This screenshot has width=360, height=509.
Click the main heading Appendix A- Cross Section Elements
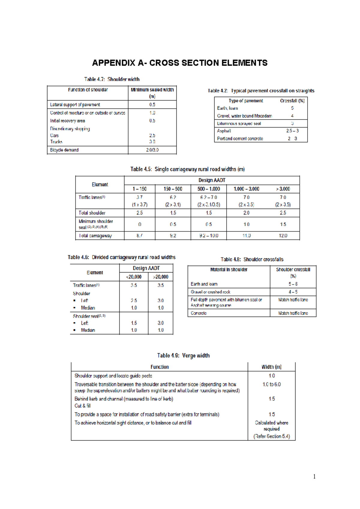coord(180,63)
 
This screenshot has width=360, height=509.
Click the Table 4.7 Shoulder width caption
coord(112,79)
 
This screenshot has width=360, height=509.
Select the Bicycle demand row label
coord(64,150)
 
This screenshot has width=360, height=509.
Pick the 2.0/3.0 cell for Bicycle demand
coord(152,150)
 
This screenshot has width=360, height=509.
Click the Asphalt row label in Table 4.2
coord(224,131)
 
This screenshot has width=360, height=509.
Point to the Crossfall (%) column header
coord(292,101)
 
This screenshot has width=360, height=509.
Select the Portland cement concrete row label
coord(240,139)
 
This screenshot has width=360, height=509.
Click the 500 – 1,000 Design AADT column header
coord(208,189)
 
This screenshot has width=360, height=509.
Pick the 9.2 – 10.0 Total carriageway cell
coord(208,236)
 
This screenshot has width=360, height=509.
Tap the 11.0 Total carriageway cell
coord(246,236)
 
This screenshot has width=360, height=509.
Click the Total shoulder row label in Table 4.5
coord(92,213)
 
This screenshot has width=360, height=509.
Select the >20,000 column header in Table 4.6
coord(160,277)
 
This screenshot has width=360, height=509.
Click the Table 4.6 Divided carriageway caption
coord(121,258)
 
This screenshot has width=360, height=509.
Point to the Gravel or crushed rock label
coord(210,292)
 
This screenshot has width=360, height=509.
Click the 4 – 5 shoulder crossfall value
coord(293,292)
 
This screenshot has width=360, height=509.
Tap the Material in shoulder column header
coord(229,270)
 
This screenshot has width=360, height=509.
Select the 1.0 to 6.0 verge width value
coord(271,384)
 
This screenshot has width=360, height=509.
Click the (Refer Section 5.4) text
coord(271,436)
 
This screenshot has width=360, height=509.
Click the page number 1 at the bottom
coord(314,477)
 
